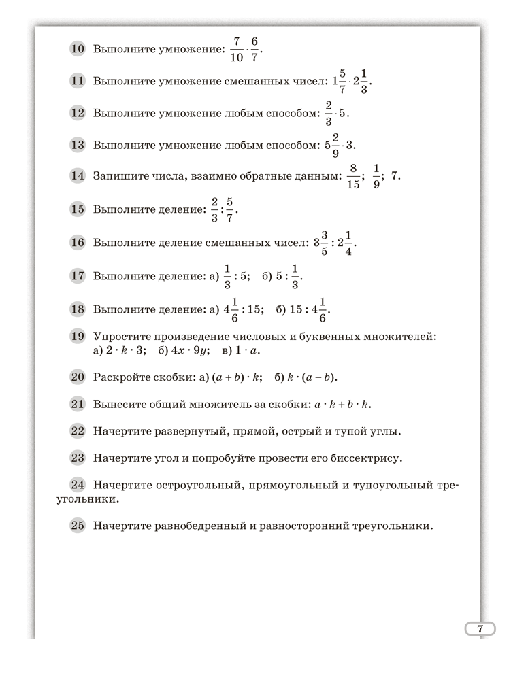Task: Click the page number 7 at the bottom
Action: coord(480,629)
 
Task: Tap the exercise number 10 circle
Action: coord(78,49)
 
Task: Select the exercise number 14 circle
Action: coord(78,175)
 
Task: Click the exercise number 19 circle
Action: coord(78,336)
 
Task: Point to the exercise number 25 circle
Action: coord(78,525)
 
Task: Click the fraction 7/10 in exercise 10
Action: coord(237,49)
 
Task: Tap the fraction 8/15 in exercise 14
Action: coord(352,176)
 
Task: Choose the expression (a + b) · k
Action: coord(235,377)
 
